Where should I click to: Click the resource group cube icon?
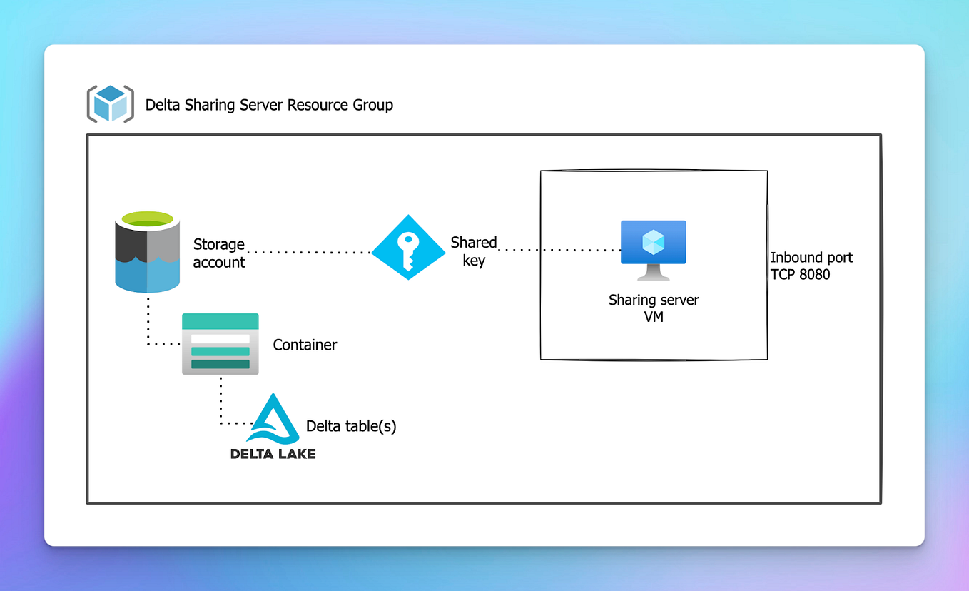110,104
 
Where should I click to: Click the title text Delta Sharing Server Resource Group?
269,106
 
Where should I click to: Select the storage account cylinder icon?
147,253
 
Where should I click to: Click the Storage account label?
218,253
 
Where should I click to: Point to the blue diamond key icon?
408,247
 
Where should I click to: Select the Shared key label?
473,251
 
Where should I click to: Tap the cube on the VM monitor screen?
653,243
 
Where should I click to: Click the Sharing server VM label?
653,308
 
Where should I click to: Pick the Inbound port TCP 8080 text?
811,266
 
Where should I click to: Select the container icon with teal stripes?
220,344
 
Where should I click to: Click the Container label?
305,345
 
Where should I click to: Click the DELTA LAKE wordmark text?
273,453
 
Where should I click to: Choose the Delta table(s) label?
350,426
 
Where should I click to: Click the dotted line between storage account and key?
308,252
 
